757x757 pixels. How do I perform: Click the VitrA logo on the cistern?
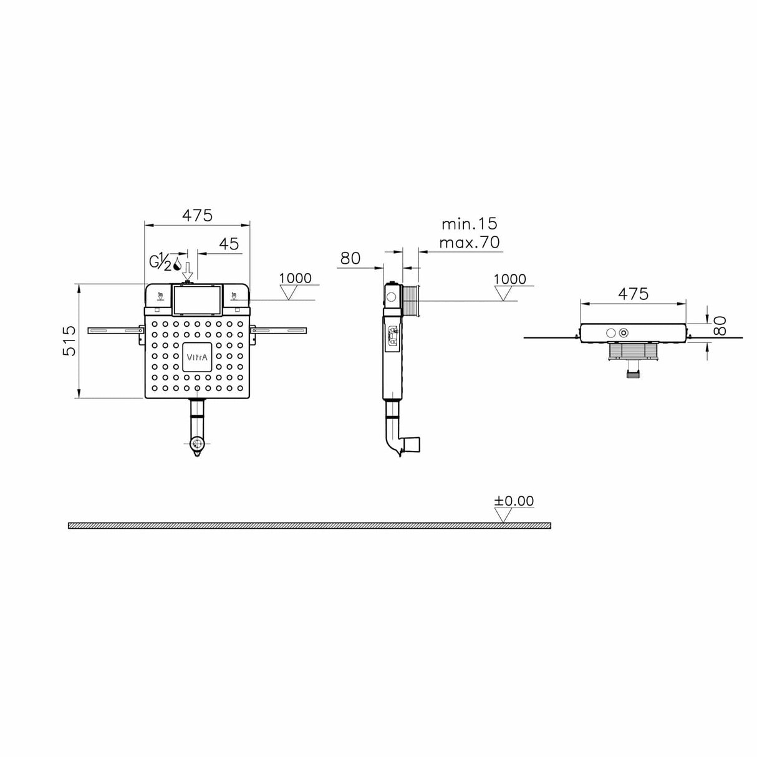coord(197,357)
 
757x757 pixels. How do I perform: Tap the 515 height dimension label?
coord(70,340)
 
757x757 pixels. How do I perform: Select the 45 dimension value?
coord(229,244)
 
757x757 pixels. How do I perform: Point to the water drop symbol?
coord(178,264)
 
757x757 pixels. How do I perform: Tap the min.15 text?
coord(470,224)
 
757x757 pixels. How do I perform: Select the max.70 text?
coord(470,243)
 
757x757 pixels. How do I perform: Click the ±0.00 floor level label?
coord(514,501)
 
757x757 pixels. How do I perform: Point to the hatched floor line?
coord(309,526)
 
